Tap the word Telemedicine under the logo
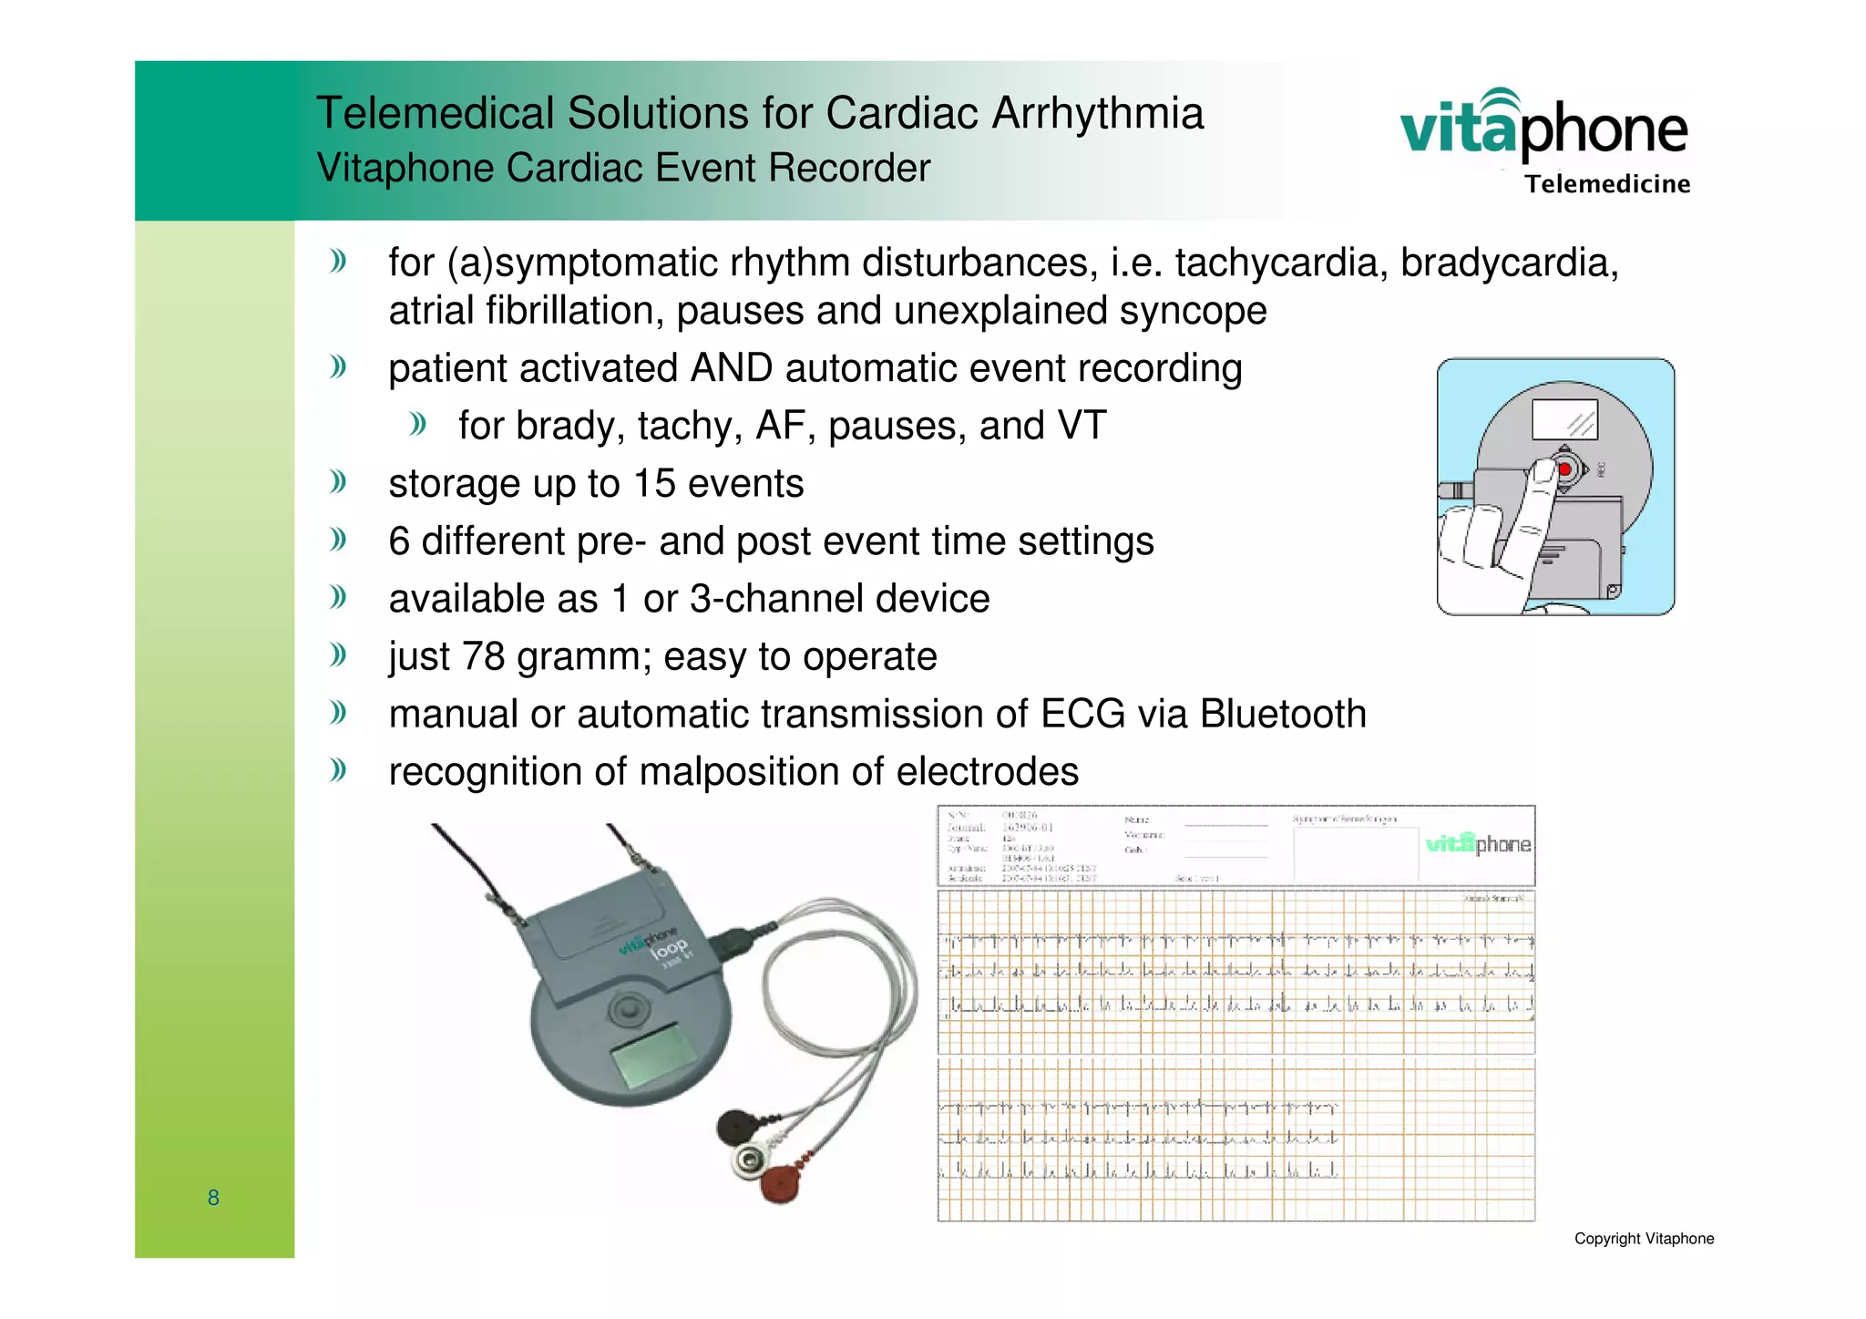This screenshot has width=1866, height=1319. (x=1607, y=184)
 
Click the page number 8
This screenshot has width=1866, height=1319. (x=213, y=1198)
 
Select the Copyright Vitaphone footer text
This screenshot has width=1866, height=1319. (x=1644, y=1239)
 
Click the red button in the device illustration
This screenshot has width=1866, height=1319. (x=1565, y=469)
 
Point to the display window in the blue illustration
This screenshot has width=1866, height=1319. (x=1564, y=420)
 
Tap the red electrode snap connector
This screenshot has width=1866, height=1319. (x=781, y=1183)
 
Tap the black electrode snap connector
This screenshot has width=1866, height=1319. (x=736, y=1128)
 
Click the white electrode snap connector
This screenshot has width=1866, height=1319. (x=751, y=1159)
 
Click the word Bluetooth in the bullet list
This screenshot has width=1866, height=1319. (x=1283, y=715)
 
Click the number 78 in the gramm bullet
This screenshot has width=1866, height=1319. (x=483, y=657)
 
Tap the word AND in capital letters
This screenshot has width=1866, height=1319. (x=732, y=369)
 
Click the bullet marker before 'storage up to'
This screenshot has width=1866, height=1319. (x=339, y=481)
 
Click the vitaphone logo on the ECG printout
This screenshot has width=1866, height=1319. (x=1477, y=844)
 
